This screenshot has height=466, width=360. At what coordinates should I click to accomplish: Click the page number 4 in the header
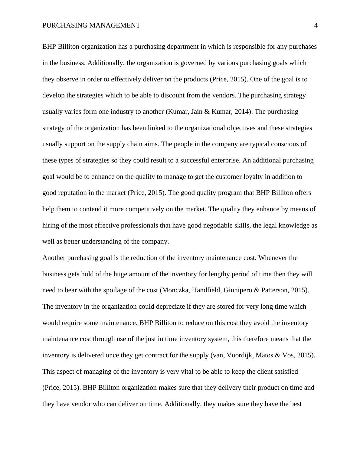point(316,25)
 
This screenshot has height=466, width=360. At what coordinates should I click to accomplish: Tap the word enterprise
point(225,160)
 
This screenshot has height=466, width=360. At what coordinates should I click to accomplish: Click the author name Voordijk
point(240,355)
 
